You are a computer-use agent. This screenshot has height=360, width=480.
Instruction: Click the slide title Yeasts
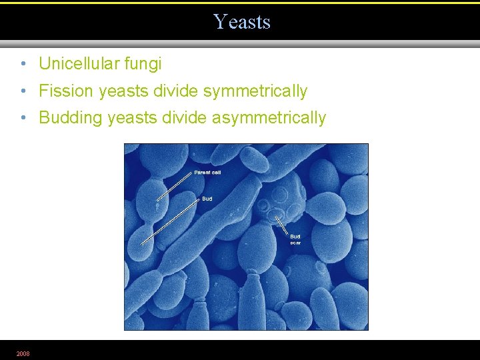point(242,22)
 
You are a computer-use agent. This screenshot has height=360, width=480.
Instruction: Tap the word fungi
point(143,64)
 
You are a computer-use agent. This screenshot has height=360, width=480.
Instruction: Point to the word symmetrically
point(255,91)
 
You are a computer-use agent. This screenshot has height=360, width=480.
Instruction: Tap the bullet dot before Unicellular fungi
point(23,64)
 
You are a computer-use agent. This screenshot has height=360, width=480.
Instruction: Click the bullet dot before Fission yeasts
point(23,91)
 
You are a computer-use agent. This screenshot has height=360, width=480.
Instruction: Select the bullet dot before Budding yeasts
point(23,118)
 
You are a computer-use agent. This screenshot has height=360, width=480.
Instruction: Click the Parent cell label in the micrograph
point(207,173)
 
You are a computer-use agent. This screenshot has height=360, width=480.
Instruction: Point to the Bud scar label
point(295,239)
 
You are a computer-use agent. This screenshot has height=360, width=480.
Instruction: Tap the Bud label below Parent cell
point(207,199)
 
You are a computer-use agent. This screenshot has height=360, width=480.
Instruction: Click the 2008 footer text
point(23,353)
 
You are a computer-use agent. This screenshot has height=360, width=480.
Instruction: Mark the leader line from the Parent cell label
point(175,186)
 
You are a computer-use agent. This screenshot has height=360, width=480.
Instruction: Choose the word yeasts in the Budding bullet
point(131,118)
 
